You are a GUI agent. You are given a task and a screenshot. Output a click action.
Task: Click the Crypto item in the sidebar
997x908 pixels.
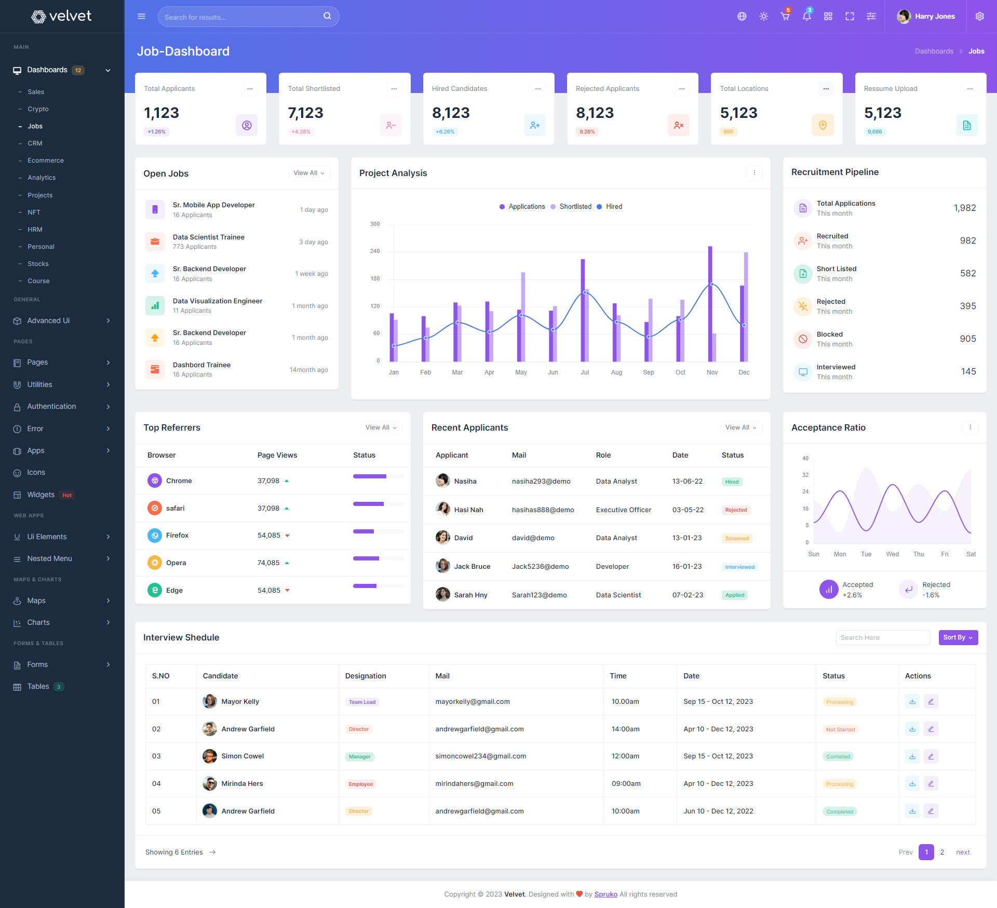pyautogui.click(x=38, y=109)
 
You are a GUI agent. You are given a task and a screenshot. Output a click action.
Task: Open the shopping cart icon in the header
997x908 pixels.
pyautogui.click(x=785, y=17)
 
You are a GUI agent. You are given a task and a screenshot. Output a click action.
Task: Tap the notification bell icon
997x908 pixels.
pyautogui.click(x=806, y=17)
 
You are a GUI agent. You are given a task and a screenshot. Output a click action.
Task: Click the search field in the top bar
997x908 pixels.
pyautogui.click(x=241, y=17)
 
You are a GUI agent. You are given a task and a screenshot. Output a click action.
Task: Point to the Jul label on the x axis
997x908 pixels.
pyautogui.click(x=585, y=372)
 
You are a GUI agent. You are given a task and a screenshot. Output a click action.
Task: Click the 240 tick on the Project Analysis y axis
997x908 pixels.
pyautogui.click(x=375, y=251)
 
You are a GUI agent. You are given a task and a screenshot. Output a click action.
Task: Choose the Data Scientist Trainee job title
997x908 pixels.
pyautogui.click(x=208, y=237)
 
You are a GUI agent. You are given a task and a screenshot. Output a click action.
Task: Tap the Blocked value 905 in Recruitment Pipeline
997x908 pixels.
pyautogui.click(x=967, y=339)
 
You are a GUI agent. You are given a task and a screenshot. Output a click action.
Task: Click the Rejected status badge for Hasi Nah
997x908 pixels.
pyautogui.click(x=736, y=510)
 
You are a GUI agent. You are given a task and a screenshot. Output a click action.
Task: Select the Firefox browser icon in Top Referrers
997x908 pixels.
pyautogui.click(x=155, y=536)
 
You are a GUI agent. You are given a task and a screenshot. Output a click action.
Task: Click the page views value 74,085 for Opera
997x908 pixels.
pyautogui.click(x=268, y=563)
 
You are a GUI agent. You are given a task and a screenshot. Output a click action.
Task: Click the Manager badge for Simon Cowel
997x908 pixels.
pyautogui.click(x=360, y=757)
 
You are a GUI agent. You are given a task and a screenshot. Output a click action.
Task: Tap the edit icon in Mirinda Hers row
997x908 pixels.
pyautogui.click(x=931, y=784)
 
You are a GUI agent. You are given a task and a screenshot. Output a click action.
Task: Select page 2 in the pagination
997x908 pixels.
pyautogui.click(x=942, y=852)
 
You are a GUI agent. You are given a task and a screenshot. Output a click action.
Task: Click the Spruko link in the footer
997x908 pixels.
pyautogui.click(x=605, y=894)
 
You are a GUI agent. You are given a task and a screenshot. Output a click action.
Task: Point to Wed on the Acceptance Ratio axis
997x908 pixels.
pyautogui.click(x=892, y=554)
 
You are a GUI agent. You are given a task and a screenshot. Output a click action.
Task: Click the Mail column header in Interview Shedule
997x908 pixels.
pyautogui.click(x=442, y=676)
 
